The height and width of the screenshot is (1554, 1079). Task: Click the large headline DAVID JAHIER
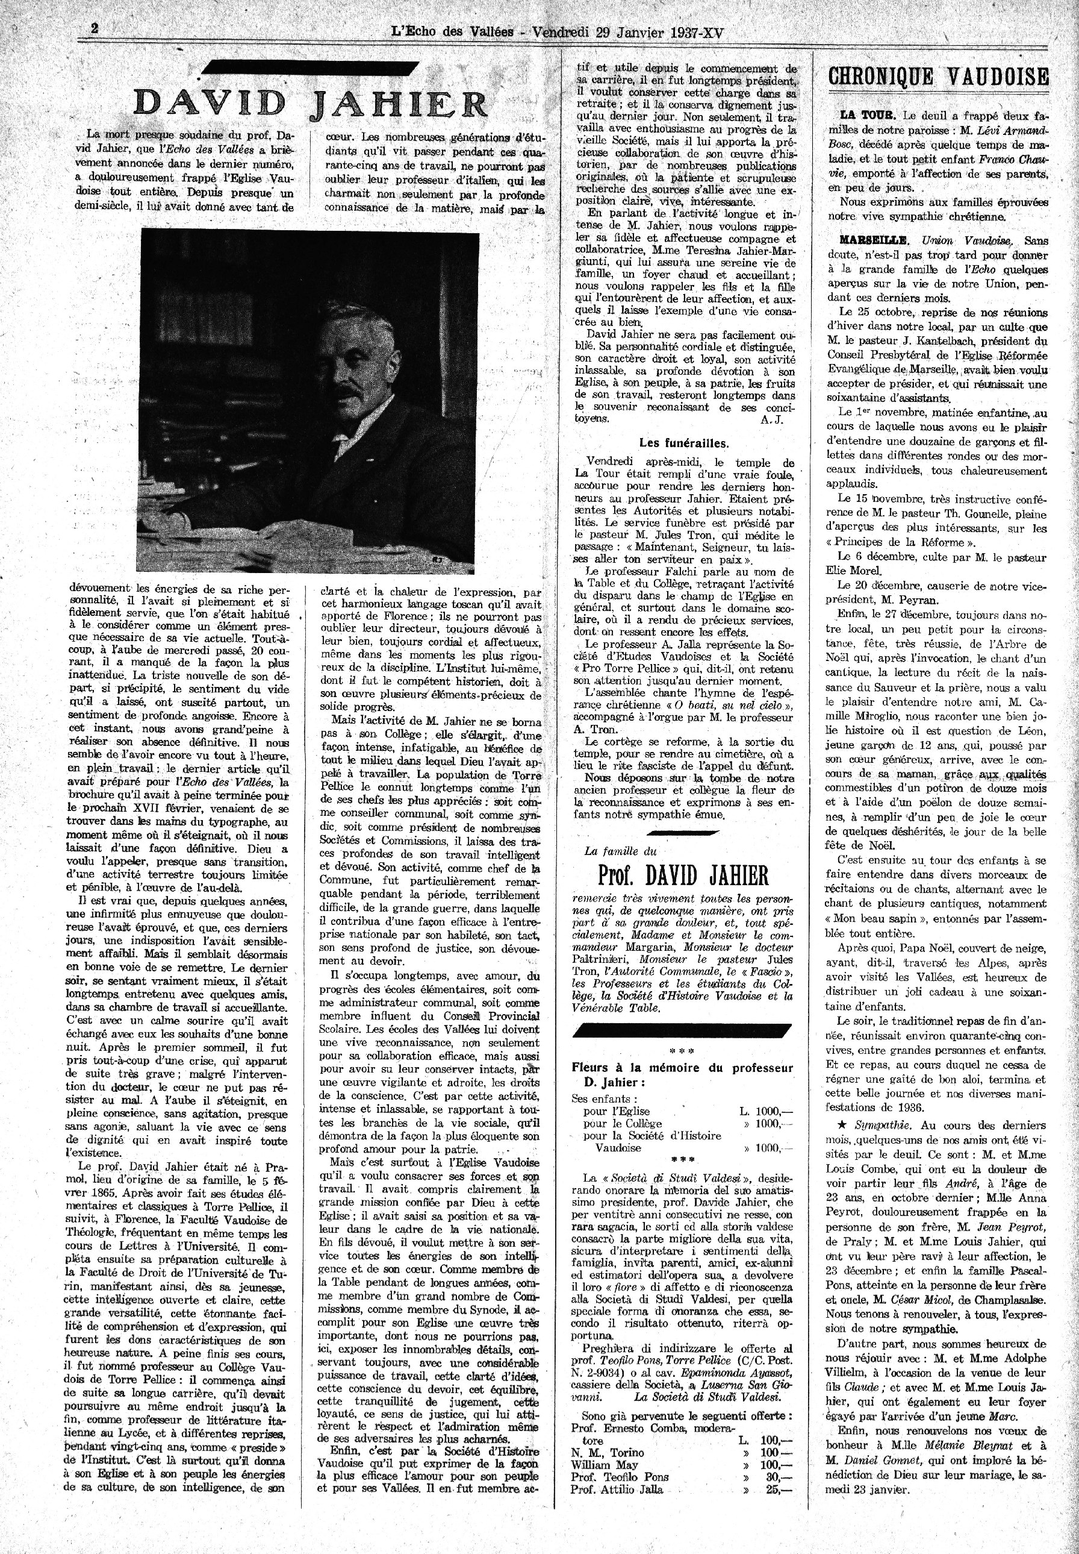coord(310,103)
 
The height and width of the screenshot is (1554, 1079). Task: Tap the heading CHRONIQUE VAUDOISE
coord(938,77)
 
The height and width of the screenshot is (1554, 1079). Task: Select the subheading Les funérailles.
coord(684,444)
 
